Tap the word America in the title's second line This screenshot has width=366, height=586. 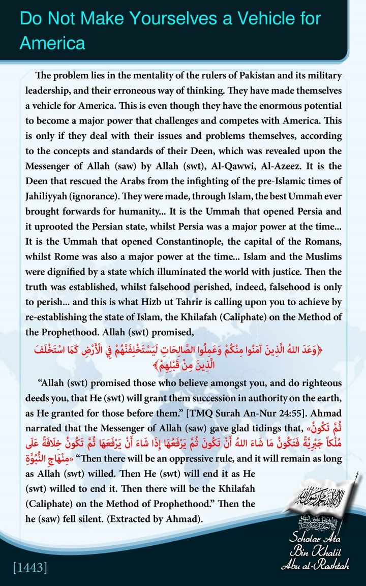pyautogui.click(x=52, y=43)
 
